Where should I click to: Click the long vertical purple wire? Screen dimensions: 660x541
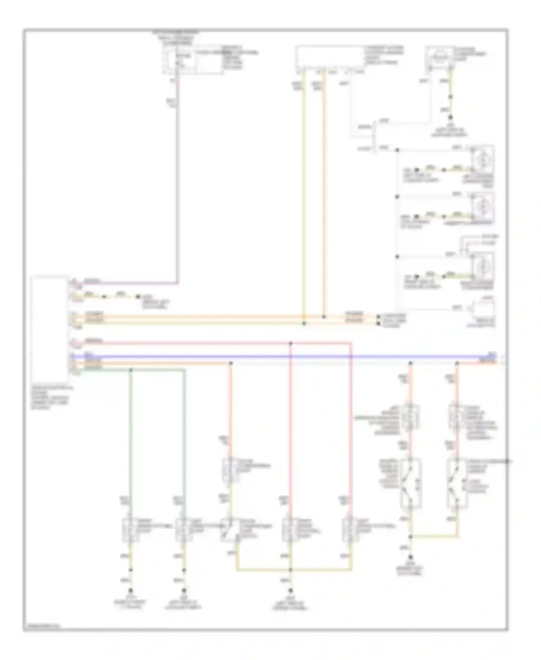click(x=177, y=181)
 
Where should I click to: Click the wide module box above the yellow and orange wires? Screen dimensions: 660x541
click(x=329, y=56)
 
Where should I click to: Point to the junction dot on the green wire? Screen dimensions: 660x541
click(x=131, y=370)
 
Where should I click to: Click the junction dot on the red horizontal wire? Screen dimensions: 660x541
click(x=291, y=343)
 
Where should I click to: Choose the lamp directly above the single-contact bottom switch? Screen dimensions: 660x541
click(x=229, y=469)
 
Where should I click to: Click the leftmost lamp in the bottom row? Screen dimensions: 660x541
click(x=131, y=530)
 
